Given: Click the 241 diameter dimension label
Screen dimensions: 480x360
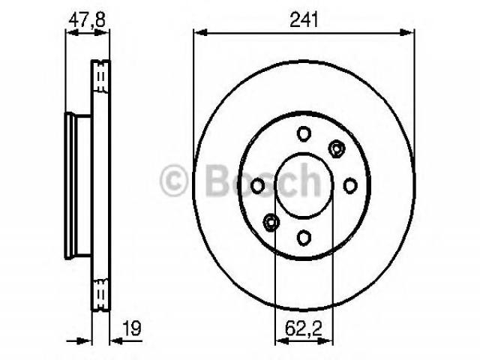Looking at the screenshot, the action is [x=304, y=19].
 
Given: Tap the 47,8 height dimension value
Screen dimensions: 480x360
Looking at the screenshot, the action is [x=87, y=20].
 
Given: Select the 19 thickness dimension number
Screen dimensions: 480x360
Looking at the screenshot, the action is [x=132, y=328].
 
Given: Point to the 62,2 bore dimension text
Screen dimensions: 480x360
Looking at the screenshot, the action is [x=304, y=328].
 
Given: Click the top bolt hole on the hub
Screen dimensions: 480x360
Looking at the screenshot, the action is [x=304, y=133].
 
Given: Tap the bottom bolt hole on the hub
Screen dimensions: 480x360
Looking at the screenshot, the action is [x=304, y=238].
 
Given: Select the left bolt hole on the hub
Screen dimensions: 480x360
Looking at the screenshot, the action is [x=257, y=186].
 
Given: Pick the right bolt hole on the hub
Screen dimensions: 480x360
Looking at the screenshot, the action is [x=350, y=185].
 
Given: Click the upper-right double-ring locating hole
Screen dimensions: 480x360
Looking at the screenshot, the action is [x=337, y=149].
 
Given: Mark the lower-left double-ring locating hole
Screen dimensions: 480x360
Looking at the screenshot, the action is [x=271, y=223].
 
